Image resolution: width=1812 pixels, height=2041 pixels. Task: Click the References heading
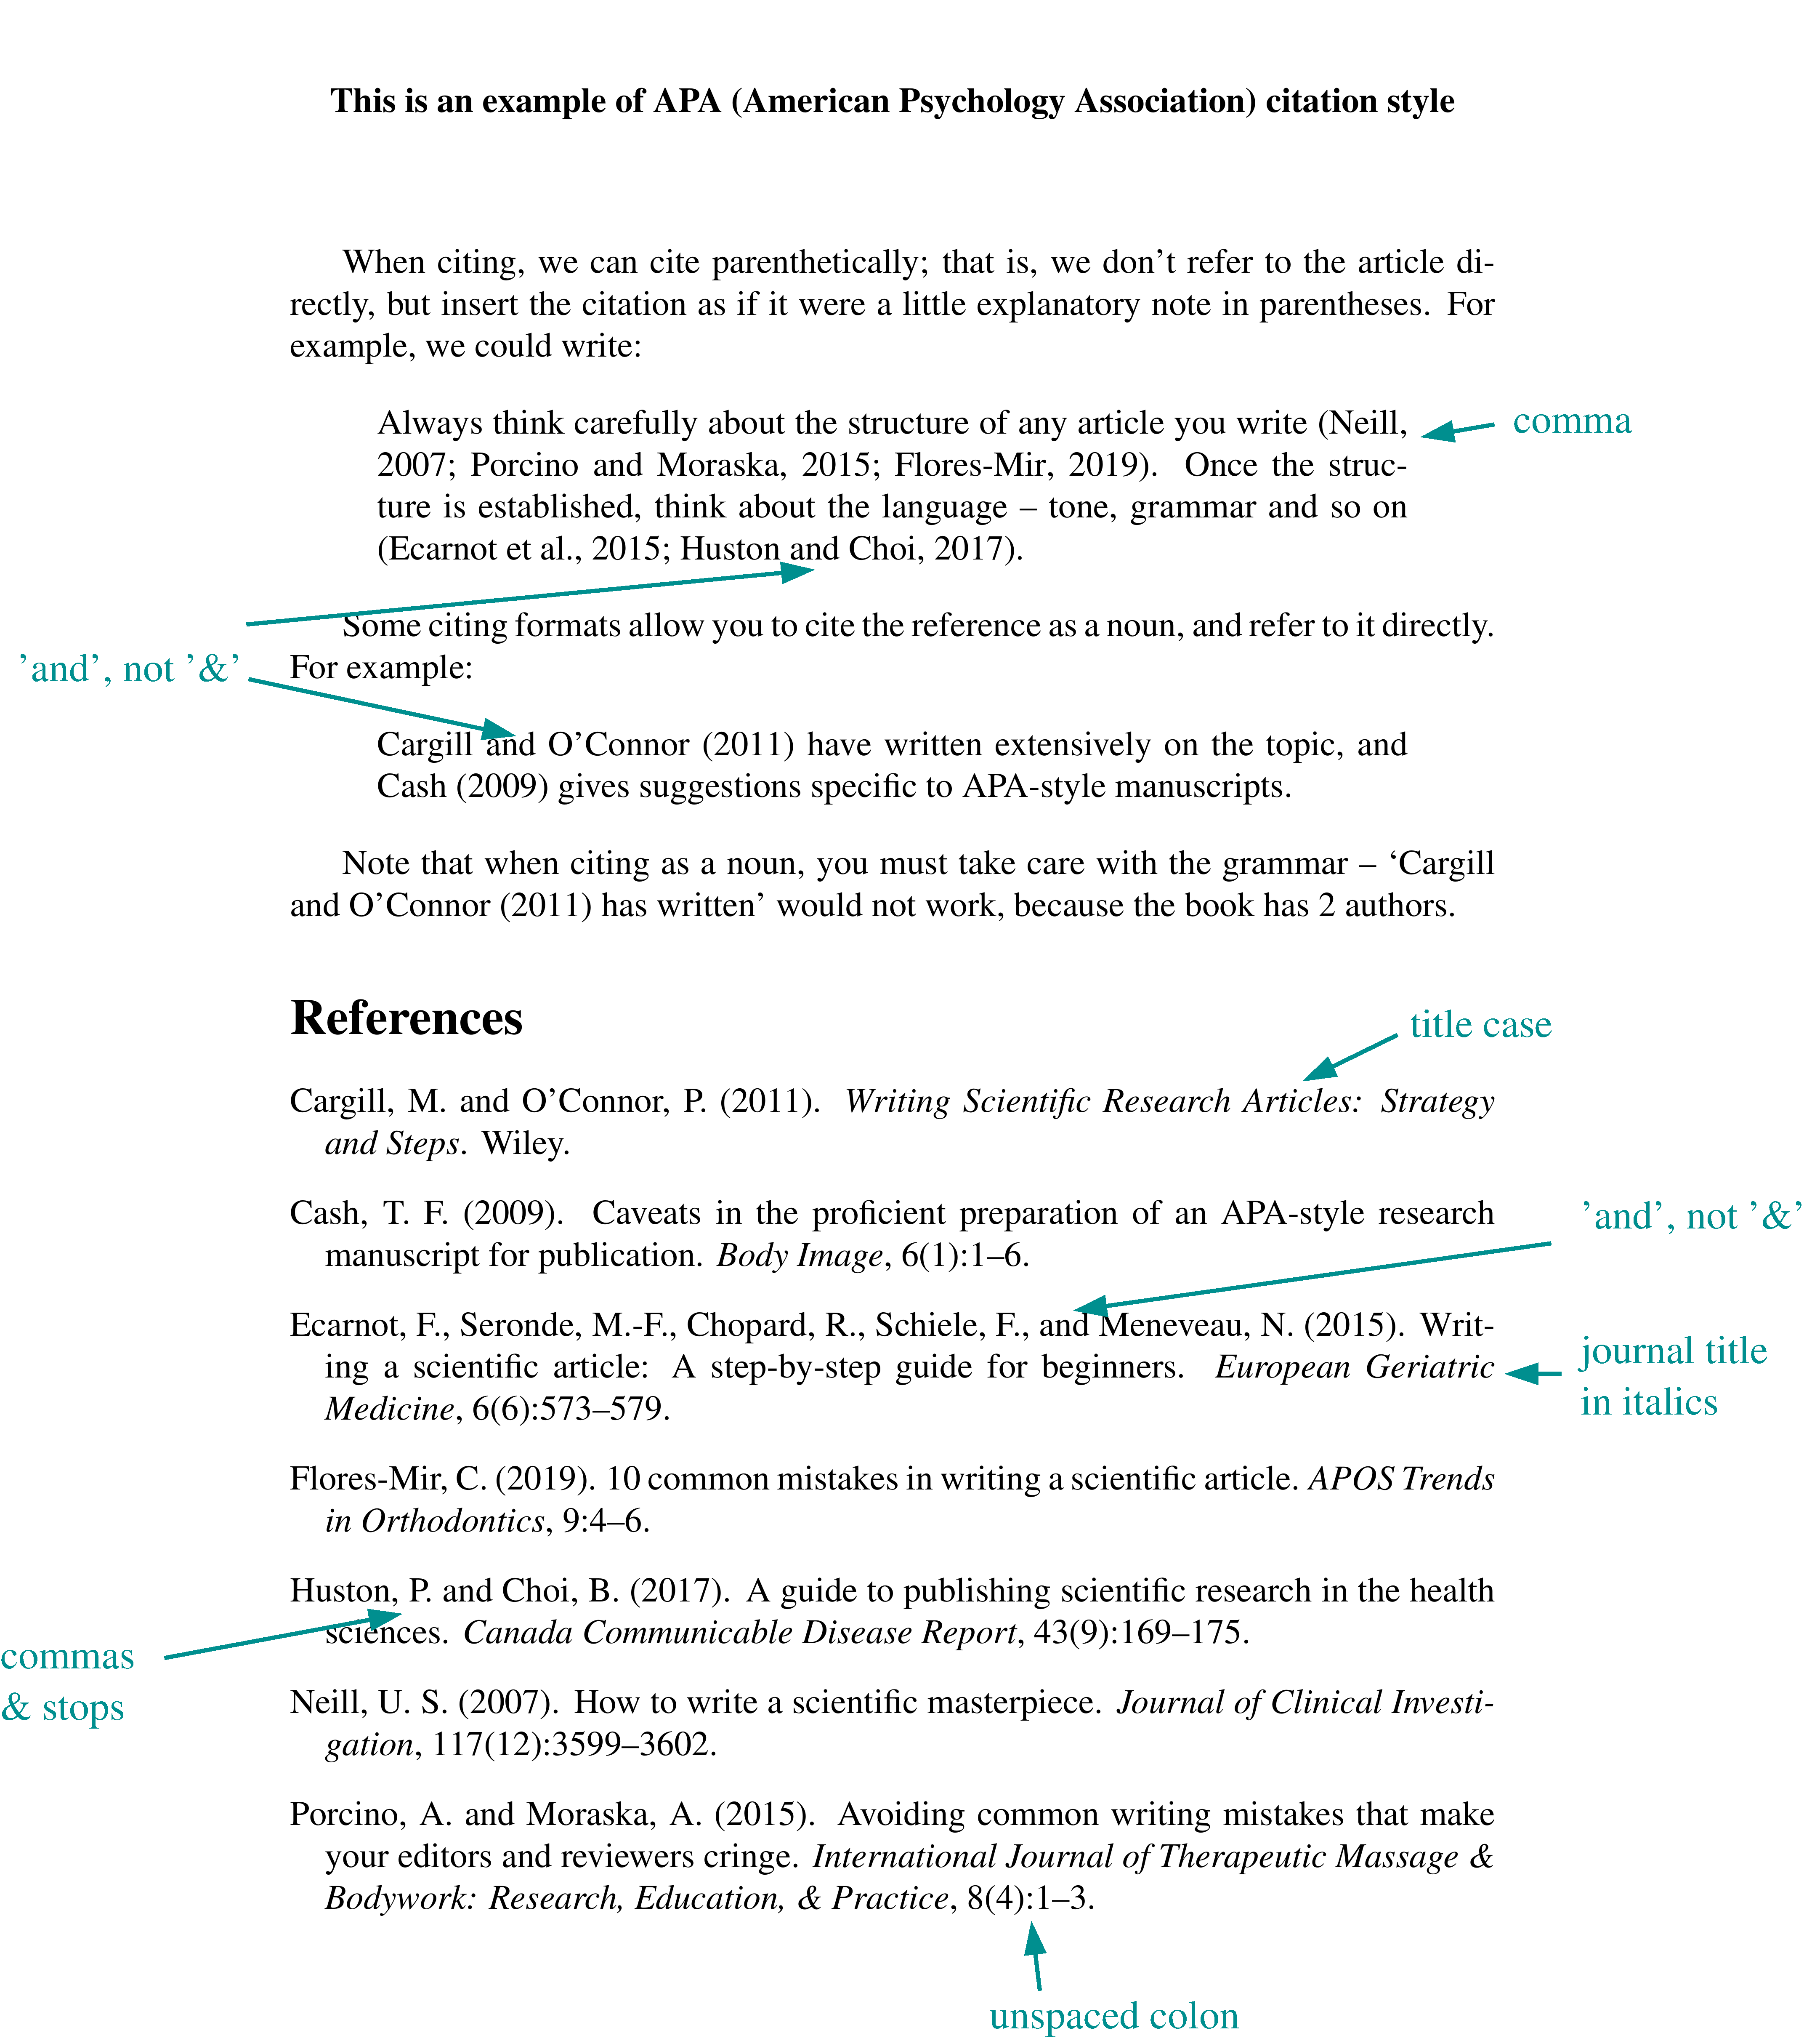coord(407,1018)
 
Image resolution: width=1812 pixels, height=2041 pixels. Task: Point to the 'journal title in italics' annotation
coord(1672,1376)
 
